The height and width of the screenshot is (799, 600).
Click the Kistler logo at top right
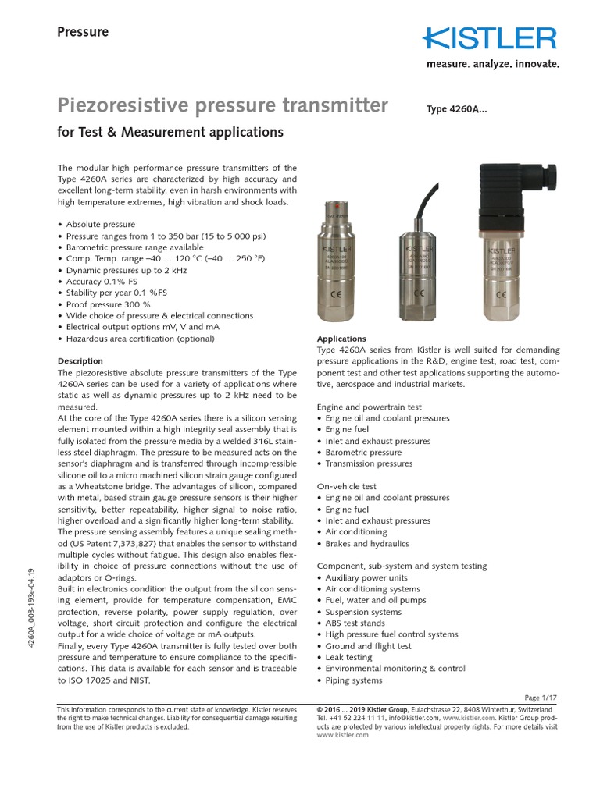[x=491, y=37]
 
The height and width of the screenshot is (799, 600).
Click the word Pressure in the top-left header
[x=83, y=32]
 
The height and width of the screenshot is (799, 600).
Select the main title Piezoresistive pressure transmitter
[x=223, y=105]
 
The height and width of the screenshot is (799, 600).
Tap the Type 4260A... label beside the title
[x=456, y=110]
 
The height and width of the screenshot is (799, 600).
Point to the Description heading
[x=80, y=361]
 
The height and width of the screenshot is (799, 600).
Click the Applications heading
[x=341, y=339]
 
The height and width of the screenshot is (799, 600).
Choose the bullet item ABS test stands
[x=355, y=623]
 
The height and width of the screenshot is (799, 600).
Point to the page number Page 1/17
[x=541, y=697]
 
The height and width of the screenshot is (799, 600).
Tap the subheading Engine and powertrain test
[x=369, y=407]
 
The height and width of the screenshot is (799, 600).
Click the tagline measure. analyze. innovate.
[x=492, y=64]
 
